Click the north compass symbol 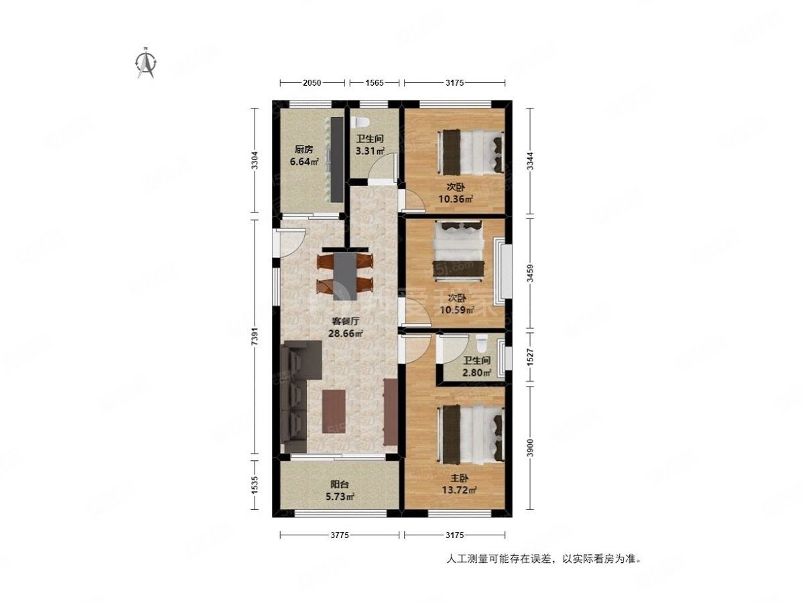click(x=145, y=63)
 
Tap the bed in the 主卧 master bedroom click(x=471, y=433)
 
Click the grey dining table click(x=345, y=275)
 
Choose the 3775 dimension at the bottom click(x=340, y=535)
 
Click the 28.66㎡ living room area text click(x=345, y=333)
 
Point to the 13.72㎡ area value click(x=459, y=490)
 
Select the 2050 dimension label click(x=312, y=82)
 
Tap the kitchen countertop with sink click(x=335, y=159)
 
